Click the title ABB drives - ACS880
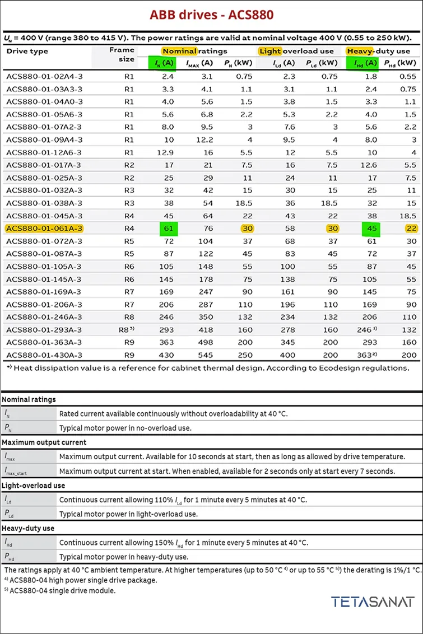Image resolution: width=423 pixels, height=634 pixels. pos(211,15)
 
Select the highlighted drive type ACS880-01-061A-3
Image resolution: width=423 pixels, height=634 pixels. pos(44,229)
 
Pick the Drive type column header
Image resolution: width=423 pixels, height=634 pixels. pos(27,52)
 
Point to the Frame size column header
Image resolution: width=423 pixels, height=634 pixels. pos(122,54)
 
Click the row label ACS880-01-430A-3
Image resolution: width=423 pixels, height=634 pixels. pos(44,355)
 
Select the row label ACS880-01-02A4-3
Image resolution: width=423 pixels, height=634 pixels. pos(44,77)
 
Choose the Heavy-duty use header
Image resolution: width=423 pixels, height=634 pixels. pos(378,51)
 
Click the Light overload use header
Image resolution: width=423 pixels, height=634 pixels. pos(296,51)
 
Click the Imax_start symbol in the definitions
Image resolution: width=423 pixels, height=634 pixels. pos(17,471)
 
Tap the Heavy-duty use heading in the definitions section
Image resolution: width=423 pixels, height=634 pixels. pos(27,528)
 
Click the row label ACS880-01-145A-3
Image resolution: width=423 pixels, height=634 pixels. pos(44,279)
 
